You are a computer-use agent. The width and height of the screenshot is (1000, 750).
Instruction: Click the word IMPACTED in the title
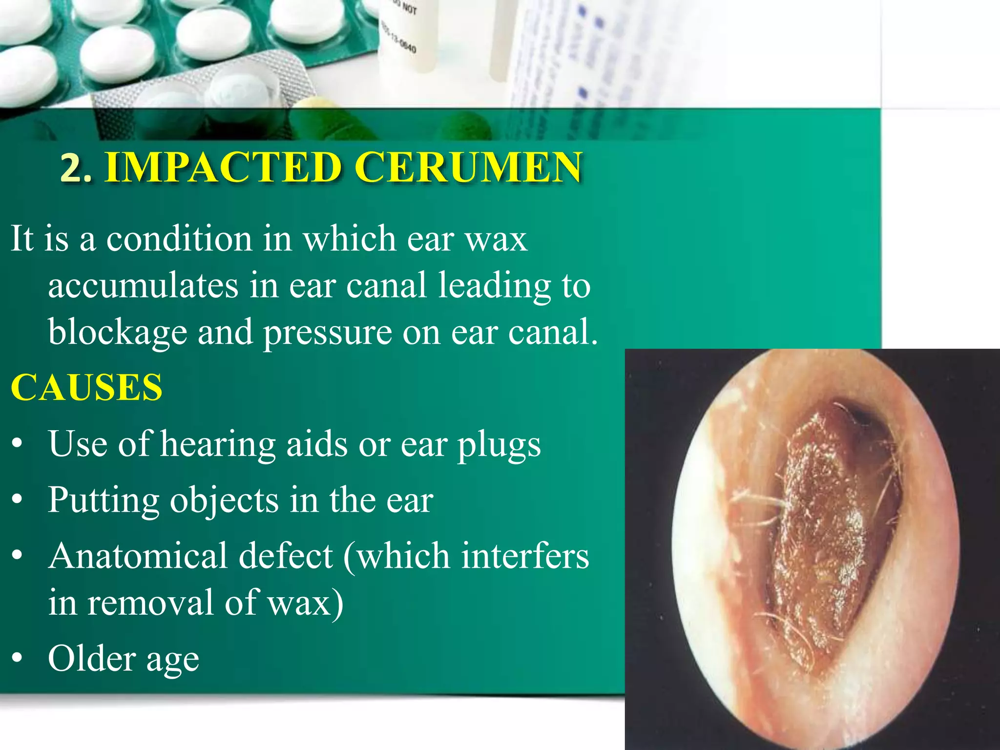click(x=223, y=167)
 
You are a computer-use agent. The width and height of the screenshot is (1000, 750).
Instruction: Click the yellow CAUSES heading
click(x=86, y=387)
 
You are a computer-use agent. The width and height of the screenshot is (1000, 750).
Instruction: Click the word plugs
click(x=499, y=445)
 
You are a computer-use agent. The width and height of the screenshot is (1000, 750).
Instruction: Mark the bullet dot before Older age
click(x=18, y=658)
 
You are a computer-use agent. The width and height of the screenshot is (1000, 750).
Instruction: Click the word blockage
click(x=117, y=333)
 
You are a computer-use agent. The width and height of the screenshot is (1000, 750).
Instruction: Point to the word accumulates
click(x=143, y=286)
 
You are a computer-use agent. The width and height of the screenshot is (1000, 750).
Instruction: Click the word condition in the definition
click(x=179, y=239)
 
